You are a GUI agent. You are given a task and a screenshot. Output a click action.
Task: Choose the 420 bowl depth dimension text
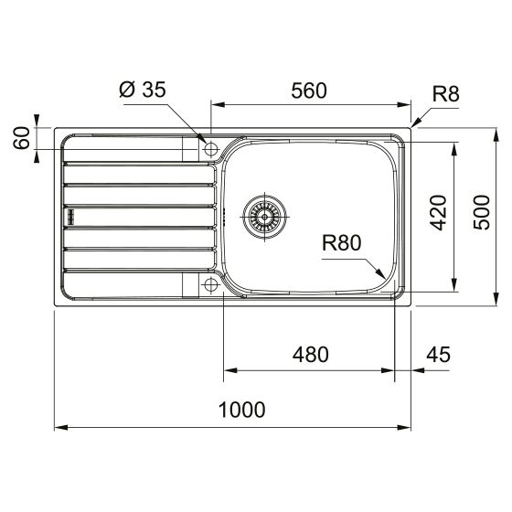(438, 214)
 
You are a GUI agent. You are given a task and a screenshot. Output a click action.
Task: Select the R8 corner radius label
(444, 91)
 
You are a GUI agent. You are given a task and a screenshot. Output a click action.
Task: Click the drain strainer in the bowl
(265, 216)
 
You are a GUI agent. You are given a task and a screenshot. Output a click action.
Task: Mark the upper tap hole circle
(210, 148)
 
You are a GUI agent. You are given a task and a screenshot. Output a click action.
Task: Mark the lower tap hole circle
(210, 285)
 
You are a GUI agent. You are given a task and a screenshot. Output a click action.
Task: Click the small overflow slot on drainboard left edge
(68, 216)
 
